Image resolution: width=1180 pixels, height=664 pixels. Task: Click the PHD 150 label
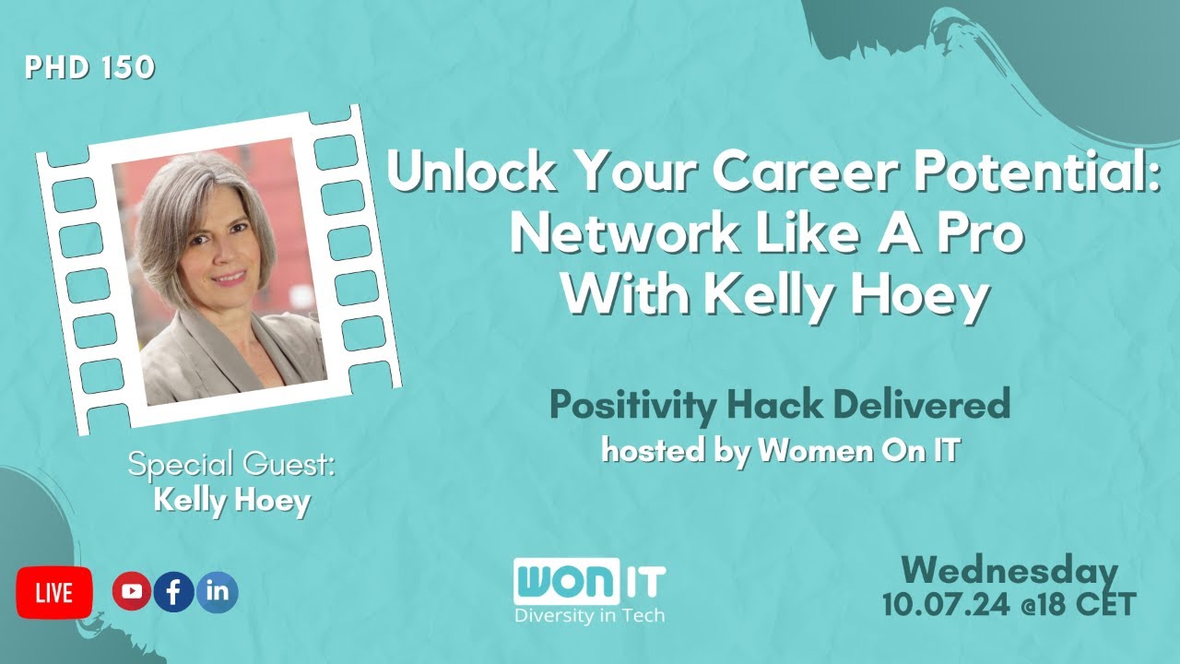point(90,68)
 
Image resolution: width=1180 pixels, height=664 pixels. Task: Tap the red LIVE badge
point(54,593)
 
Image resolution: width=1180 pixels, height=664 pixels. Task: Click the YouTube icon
point(132,592)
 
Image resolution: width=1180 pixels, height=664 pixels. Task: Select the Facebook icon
point(174,592)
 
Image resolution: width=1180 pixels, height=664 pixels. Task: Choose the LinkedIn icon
point(218,592)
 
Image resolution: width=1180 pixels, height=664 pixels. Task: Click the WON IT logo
point(589,582)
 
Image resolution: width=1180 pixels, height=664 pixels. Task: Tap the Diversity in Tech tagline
point(589,615)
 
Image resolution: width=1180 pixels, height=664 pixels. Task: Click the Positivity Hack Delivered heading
point(780,406)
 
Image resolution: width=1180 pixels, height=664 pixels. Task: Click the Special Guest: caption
point(231,464)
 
